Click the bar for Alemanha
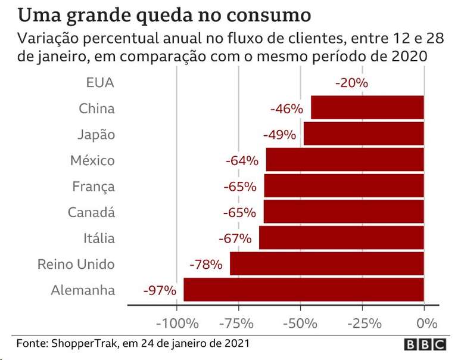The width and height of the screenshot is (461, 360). pos(304,290)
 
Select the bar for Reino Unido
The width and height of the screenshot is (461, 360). pos(327,263)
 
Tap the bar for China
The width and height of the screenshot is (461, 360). pos(367,108)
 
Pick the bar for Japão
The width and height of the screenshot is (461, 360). pos(363,134)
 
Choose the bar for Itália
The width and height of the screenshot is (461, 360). pos(341,238)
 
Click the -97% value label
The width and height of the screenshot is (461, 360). pos(160,291)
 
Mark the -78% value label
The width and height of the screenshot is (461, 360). pos(205,264)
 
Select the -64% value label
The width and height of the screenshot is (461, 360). pos(242,160)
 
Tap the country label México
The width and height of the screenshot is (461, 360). pos(92,160)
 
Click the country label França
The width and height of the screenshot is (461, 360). pos(94,187)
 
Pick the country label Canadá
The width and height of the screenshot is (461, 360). pos(91,212)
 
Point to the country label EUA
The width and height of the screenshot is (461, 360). pos(100,83)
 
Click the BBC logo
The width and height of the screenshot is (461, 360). pos(425,345)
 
